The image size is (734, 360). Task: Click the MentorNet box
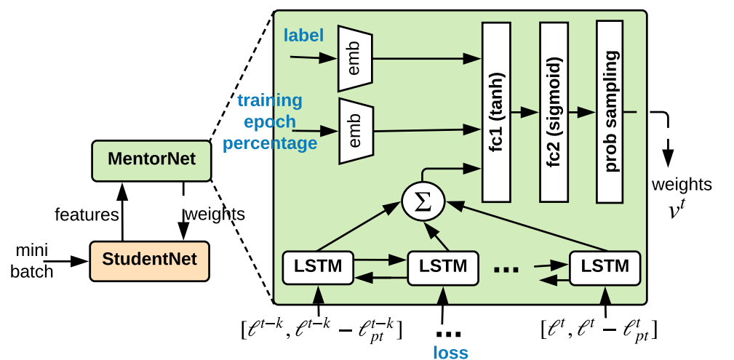(151, 159)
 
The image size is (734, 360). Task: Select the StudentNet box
(148, 259)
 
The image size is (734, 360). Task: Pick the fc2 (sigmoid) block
(553, 111)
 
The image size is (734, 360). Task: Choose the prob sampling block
(610, 111)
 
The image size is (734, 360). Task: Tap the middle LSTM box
(443, 268)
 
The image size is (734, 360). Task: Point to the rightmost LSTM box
(604, 268)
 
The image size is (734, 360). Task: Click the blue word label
(303, 35)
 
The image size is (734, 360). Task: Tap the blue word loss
(450, 352)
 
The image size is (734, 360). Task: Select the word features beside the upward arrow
(87, 215)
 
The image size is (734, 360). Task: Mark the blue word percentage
(270, 143)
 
